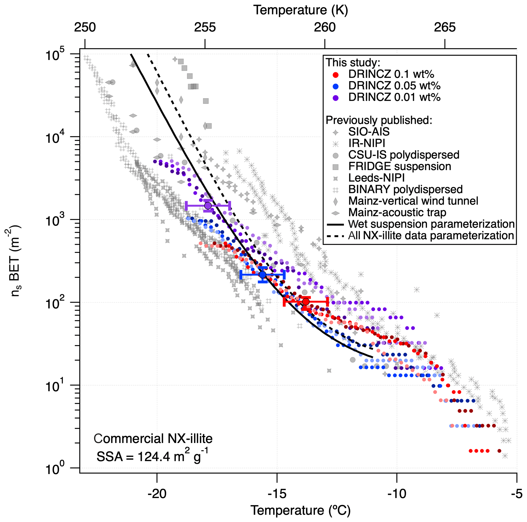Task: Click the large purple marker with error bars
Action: click(x=208, y=205)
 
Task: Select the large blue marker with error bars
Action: click(x=262, y=275)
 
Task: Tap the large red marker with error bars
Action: click(x=306, y=301)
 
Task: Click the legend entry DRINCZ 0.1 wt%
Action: click(x=391, y=74)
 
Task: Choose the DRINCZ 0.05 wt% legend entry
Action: click(x=394, y=86)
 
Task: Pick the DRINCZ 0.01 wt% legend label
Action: click(x=394, y=97)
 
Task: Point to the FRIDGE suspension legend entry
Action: click(x=400, y=166)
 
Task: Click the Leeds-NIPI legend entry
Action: click(x=376, y=178)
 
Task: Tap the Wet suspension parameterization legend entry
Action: click(x=431, y=224)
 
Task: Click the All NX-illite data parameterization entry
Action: click(x=431, y=235)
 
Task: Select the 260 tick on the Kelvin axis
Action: click(x=325, y=27)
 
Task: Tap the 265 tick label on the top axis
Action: click(x=445, y=27)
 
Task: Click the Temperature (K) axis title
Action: click(x=301, y=10)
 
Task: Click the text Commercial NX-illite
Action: click(x=153, y=439)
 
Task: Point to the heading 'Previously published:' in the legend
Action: click(x=379, y=120)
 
